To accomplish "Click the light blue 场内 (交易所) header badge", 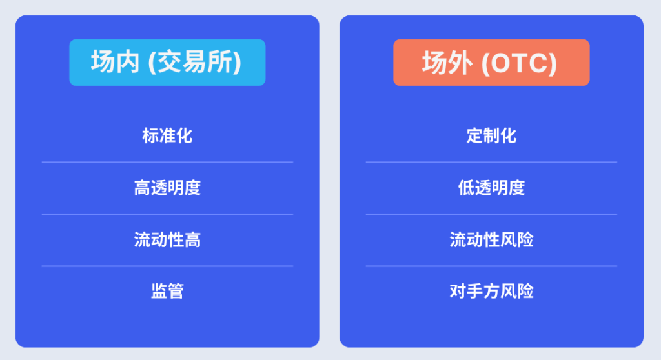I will point(167,63).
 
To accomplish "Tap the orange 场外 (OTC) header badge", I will point(491,63).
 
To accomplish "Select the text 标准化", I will point(167,136).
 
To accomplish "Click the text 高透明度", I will point(167,188).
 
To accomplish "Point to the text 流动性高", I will point(167,240).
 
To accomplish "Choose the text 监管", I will point(167,291).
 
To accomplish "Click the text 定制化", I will point(491,136).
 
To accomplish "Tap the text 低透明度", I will point(491,188).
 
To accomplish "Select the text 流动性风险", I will point(491,240).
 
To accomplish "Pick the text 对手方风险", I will point(491,291).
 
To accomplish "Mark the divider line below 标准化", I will point(167,162).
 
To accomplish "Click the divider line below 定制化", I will point(491,162).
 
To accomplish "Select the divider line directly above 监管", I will point(167,266).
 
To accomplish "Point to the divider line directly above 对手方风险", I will point(491,266).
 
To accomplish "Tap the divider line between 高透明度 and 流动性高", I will point(167,214).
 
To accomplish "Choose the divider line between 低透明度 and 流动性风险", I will point(491,214).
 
